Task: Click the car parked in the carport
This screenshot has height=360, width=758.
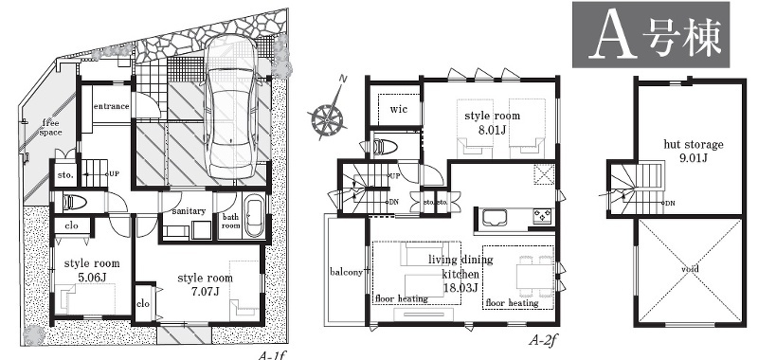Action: coord(230,108)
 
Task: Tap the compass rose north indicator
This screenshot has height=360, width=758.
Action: coord(328,116)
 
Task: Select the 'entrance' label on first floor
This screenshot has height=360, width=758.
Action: coord(111,106)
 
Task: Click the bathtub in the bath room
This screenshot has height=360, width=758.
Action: coord(253,218)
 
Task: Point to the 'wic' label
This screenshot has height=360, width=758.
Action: coord(399,109)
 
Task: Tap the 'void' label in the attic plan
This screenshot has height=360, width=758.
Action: coord(690,269)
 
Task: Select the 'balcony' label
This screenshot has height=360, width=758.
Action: coord(346,272)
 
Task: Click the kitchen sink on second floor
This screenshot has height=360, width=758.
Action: coord(494,217)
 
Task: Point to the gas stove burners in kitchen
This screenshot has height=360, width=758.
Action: coord(543,216)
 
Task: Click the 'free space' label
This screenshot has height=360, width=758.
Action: coord(50,127)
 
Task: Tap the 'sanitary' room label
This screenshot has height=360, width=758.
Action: coord(189,210)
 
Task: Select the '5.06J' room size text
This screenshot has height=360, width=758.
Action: coord(92,277)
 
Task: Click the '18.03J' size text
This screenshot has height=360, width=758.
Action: coord(460,288)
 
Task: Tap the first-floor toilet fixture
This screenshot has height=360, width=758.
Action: coord(72,202)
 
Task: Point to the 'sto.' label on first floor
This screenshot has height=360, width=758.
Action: coord(65,175)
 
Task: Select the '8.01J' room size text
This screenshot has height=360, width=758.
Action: coord(493,129)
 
